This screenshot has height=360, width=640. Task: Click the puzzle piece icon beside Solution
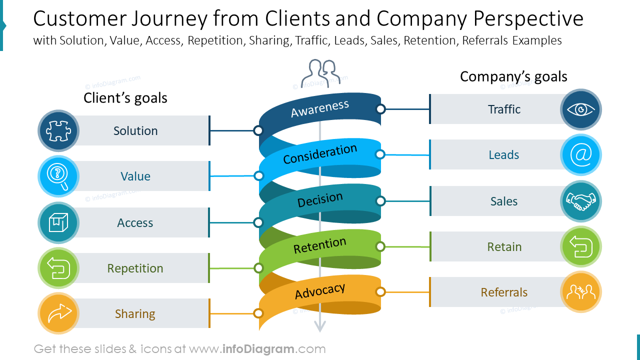[x=58, y=131]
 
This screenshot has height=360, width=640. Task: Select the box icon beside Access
[x=58, y=222]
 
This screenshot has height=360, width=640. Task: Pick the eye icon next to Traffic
[x=581, y=109]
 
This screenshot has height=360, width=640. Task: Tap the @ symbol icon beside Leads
[x=581, y=154]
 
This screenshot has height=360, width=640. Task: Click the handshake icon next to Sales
[x=581, y=201]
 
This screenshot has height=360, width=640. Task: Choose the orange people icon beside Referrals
[x=581, y=291]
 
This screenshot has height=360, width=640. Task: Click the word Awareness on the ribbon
[x=319, y=108]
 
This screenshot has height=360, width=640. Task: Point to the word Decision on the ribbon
[x=320, y=199]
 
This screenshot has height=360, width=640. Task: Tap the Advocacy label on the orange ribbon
[x=320, y=291]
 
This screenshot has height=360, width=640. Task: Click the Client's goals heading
[x=125, y=98]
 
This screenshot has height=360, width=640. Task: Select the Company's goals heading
[x=513, y=76]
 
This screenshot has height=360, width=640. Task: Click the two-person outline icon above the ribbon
[x=320, y=73]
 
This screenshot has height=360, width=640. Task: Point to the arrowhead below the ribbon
[x=320, y=326]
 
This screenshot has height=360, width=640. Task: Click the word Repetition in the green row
[x=135, y=268]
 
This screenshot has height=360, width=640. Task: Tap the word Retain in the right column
[x=504, y=247]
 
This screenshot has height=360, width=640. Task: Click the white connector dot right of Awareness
[x=380, y=109]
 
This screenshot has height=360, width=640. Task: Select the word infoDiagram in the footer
[x=258, y=349]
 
